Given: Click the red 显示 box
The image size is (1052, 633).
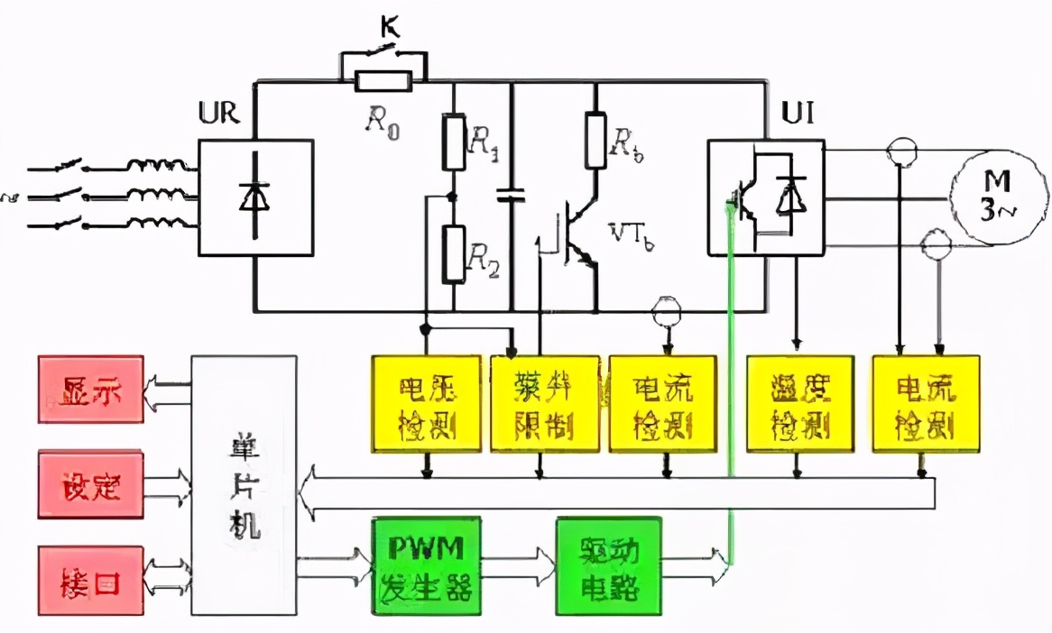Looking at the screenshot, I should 91,390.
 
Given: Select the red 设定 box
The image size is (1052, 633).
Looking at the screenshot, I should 91,486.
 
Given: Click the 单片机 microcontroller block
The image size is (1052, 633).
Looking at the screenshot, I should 244,485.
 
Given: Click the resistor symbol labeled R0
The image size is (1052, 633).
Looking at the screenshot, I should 384,83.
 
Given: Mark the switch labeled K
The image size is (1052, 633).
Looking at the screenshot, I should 384,55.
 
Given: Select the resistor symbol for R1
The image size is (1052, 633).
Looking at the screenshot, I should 454,142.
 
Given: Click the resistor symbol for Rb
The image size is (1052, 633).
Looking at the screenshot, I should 595,141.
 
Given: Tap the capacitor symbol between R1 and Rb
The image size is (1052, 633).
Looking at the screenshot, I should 512,194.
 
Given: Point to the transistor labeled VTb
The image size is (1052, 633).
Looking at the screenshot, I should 577,239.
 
